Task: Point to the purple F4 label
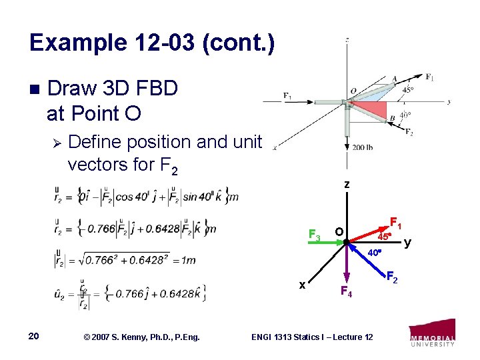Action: click(345, 291)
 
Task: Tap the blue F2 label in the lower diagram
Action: click(393, 277)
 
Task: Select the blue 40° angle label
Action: click(376, 253)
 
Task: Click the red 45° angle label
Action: click(383, 236)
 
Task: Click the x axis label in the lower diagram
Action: click(302, 285)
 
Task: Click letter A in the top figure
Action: click(395, 78)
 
